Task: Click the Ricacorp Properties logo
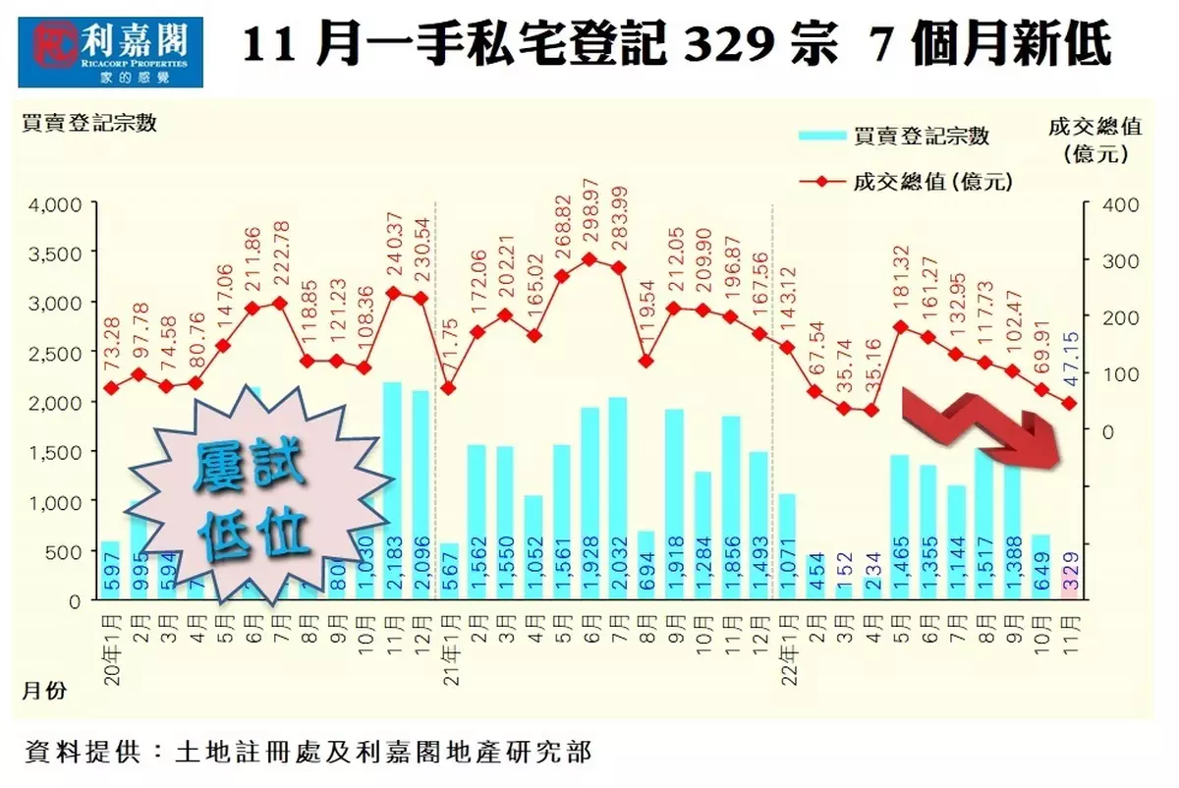coord(117,51)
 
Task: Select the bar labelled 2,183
coord(392,491)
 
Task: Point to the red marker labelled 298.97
coord(589,259)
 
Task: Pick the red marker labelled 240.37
coord(393,293)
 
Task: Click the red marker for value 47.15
coord(1069,403)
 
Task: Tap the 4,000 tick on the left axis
coord(60,204)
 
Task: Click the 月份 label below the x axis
coord(43,691)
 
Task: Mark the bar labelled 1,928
coord(589,504)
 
